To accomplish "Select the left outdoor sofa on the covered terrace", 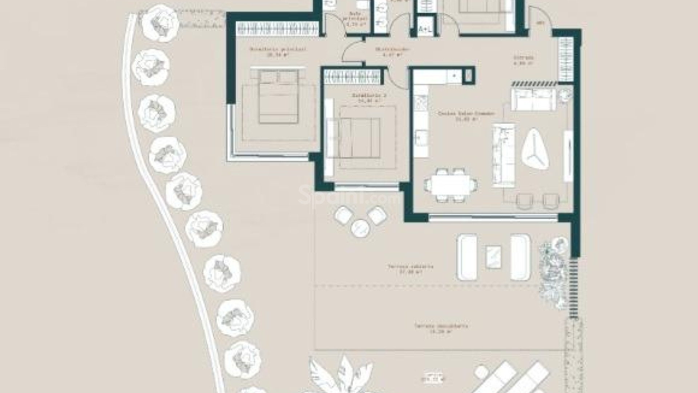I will (x=467, y=257).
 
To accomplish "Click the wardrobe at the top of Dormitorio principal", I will (x=278, y=28).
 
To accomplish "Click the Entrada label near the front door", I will (x=523, y=60).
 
